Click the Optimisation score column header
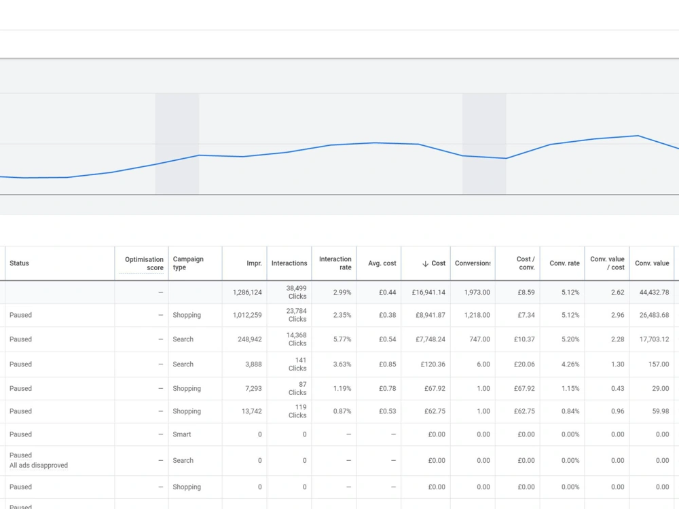(144, 263)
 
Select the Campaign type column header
(188, 263)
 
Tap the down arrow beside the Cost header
(425, 263)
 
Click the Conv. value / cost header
(607, 263)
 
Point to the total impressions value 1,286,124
(247, 292)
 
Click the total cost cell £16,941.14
(428, 292)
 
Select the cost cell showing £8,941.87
(430, 315)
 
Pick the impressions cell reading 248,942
(250, 339)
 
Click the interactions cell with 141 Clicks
(297, 364)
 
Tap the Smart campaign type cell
(182, 434)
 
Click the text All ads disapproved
(39, 466)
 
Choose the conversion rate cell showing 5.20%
(570, 339)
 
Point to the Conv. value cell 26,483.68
(654, 315)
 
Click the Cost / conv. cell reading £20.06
(524, 364)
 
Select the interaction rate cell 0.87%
(342, 411)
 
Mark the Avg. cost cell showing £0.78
(388, 388)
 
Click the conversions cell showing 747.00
(480, 339)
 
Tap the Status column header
(19, 263)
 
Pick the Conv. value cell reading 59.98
(661, 411)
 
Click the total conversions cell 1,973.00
(477, 292)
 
